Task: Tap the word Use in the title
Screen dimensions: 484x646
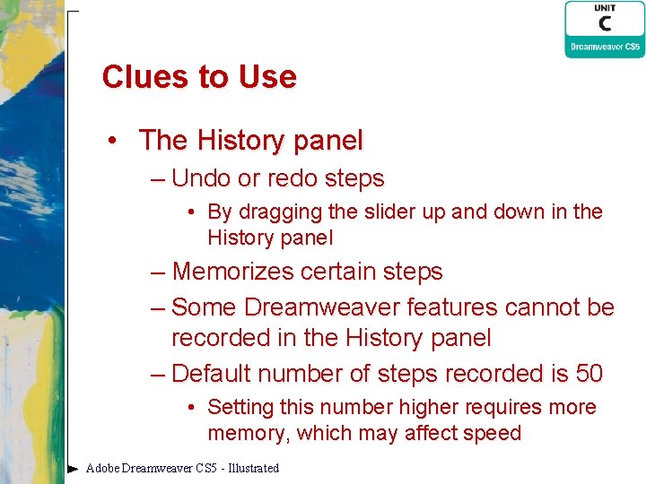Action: (267, 77)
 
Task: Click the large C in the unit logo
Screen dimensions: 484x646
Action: (604, 24)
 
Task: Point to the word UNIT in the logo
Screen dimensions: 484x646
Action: (604, 8)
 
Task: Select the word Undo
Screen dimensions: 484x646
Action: (201, 178)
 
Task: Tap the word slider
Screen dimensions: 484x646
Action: (380, 212)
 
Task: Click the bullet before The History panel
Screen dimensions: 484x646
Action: (112, 141)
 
